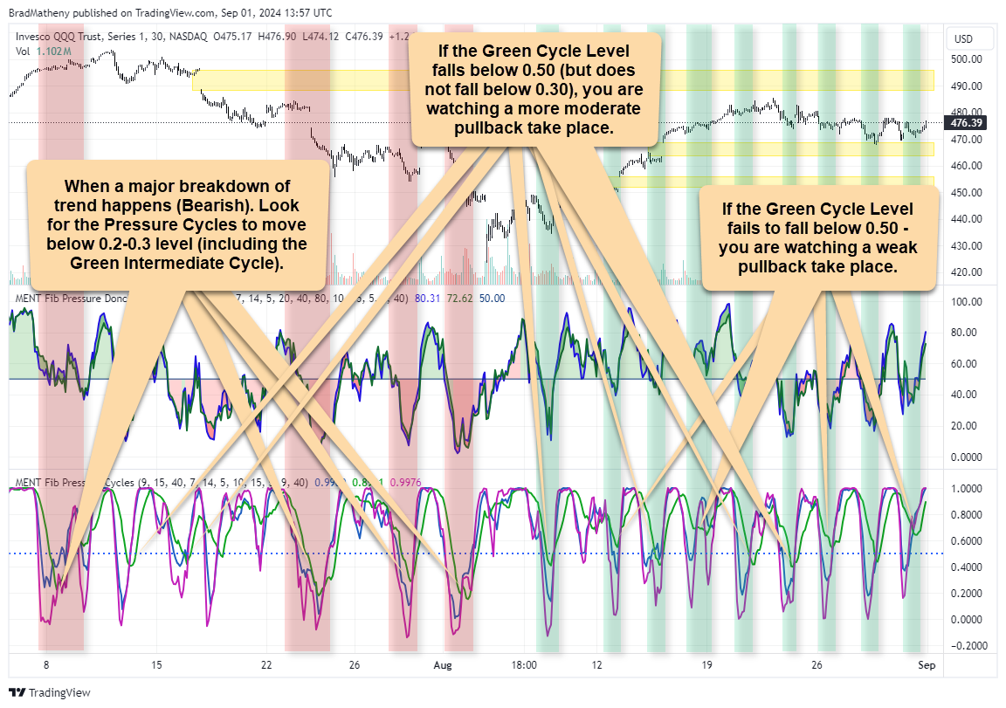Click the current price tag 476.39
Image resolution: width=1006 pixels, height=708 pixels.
pos(968,123)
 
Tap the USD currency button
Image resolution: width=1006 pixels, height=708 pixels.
pos(963,39)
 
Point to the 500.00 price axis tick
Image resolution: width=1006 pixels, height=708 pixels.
pos(967,59)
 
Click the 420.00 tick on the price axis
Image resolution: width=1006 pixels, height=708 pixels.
pos(967,272)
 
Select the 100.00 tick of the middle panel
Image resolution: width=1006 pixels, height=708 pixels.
pos(967,302)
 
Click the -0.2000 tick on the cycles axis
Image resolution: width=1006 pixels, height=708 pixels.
pos(968,646)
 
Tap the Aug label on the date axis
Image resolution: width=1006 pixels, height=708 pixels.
pos(443,665)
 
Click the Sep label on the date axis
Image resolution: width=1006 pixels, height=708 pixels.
pos(927,665)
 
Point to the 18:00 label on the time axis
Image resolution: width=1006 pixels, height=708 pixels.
pos(524,665)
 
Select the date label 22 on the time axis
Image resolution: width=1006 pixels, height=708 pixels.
pos(267,665)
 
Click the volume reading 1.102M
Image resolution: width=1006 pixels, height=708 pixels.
pos(52,52)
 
